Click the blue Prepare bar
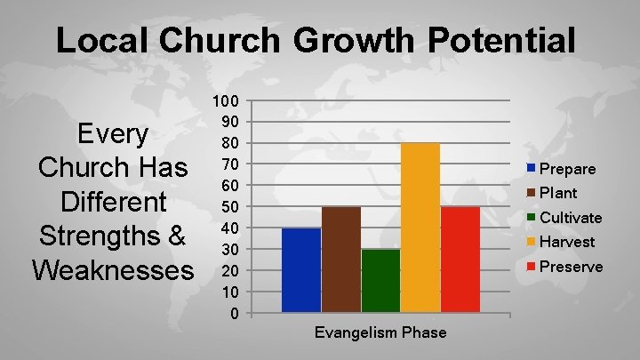point(301,270)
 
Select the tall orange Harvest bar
point(420,228)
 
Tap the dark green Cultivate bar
point(380,281)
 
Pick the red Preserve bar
point(460,260)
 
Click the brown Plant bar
point(341,260)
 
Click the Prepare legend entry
point(562,168)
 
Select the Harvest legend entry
point(562,242)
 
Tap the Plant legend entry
point(552,193)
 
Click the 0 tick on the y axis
point(233,313)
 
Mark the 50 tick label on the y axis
point(229,206)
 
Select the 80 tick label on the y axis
point(229,143)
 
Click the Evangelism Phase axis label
point(380,332)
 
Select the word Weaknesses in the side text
point(112,269)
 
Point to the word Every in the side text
point(113,134)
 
